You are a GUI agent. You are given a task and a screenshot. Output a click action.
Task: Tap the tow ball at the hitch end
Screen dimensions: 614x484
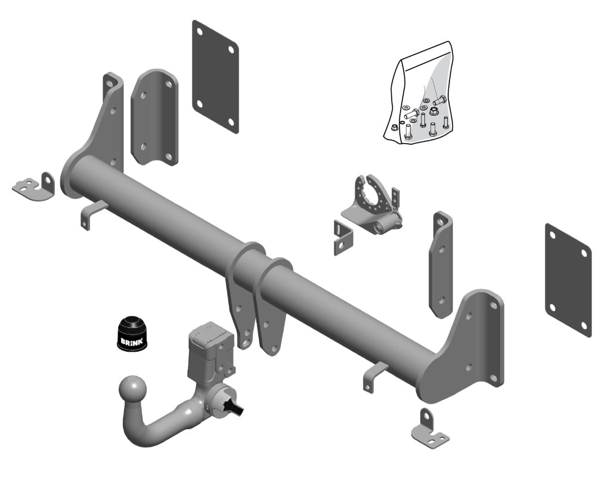[x=132, y=389]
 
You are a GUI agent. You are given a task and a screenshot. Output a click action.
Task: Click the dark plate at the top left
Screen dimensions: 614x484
[x=215, y=77]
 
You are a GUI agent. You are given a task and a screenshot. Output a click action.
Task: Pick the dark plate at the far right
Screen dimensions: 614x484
[x=568, y=280]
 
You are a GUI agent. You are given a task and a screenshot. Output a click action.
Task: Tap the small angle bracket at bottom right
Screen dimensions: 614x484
[x=430, y=430]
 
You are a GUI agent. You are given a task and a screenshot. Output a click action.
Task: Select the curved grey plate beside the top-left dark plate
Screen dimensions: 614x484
[x=154, y=117]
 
